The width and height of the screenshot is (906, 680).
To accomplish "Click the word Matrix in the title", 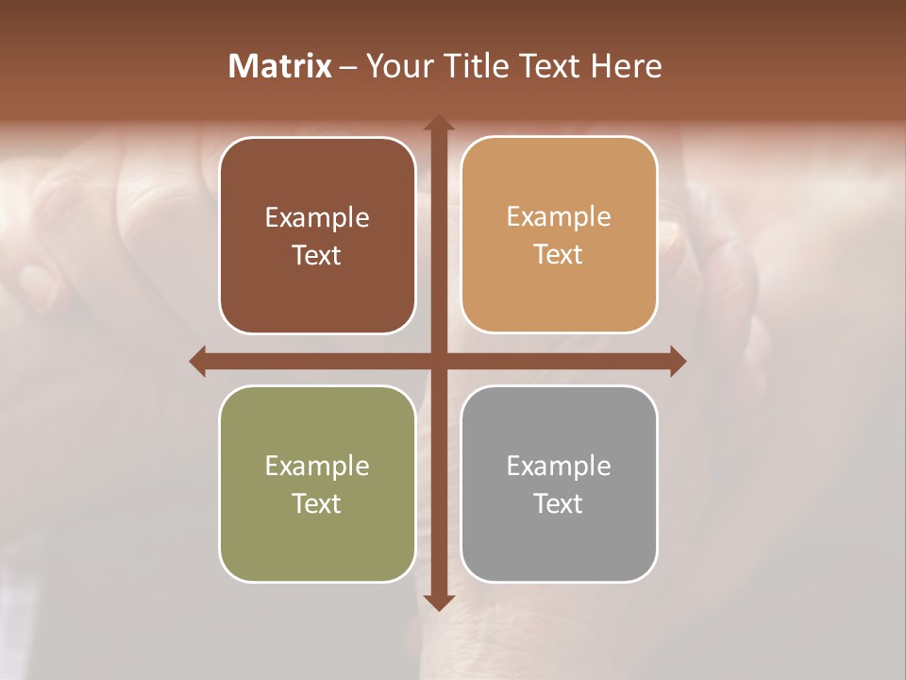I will tap(280, 66).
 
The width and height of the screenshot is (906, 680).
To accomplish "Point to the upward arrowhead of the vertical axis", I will tap(438, 123).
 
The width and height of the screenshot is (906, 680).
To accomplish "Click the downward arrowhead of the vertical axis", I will tap(438, 602).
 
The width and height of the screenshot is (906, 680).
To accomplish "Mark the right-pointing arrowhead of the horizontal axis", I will tap(677, 361).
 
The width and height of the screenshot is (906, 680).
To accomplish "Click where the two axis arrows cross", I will tap(438, 361).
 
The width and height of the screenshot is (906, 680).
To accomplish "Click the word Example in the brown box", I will tap(317, 217).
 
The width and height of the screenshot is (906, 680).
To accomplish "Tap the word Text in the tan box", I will tap(559, 255).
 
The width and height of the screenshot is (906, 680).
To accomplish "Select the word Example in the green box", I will tap(317, 466).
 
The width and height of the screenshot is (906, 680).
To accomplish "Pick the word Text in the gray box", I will tap(559, 503).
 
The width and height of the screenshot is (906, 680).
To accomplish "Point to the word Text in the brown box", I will tap(317, 255).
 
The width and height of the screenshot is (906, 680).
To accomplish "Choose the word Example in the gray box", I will tap(559, 466).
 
